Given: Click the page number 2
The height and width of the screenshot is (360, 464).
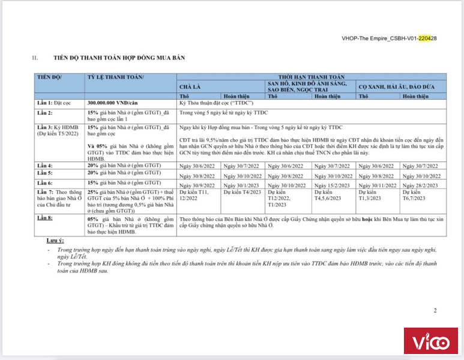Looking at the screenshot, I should tap(435, 310).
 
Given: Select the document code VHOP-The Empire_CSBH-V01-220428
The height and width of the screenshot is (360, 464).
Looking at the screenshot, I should tap(388, 38).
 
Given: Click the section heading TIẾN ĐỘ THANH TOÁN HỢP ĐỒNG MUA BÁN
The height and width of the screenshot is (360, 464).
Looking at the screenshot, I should tap(119, 58).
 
